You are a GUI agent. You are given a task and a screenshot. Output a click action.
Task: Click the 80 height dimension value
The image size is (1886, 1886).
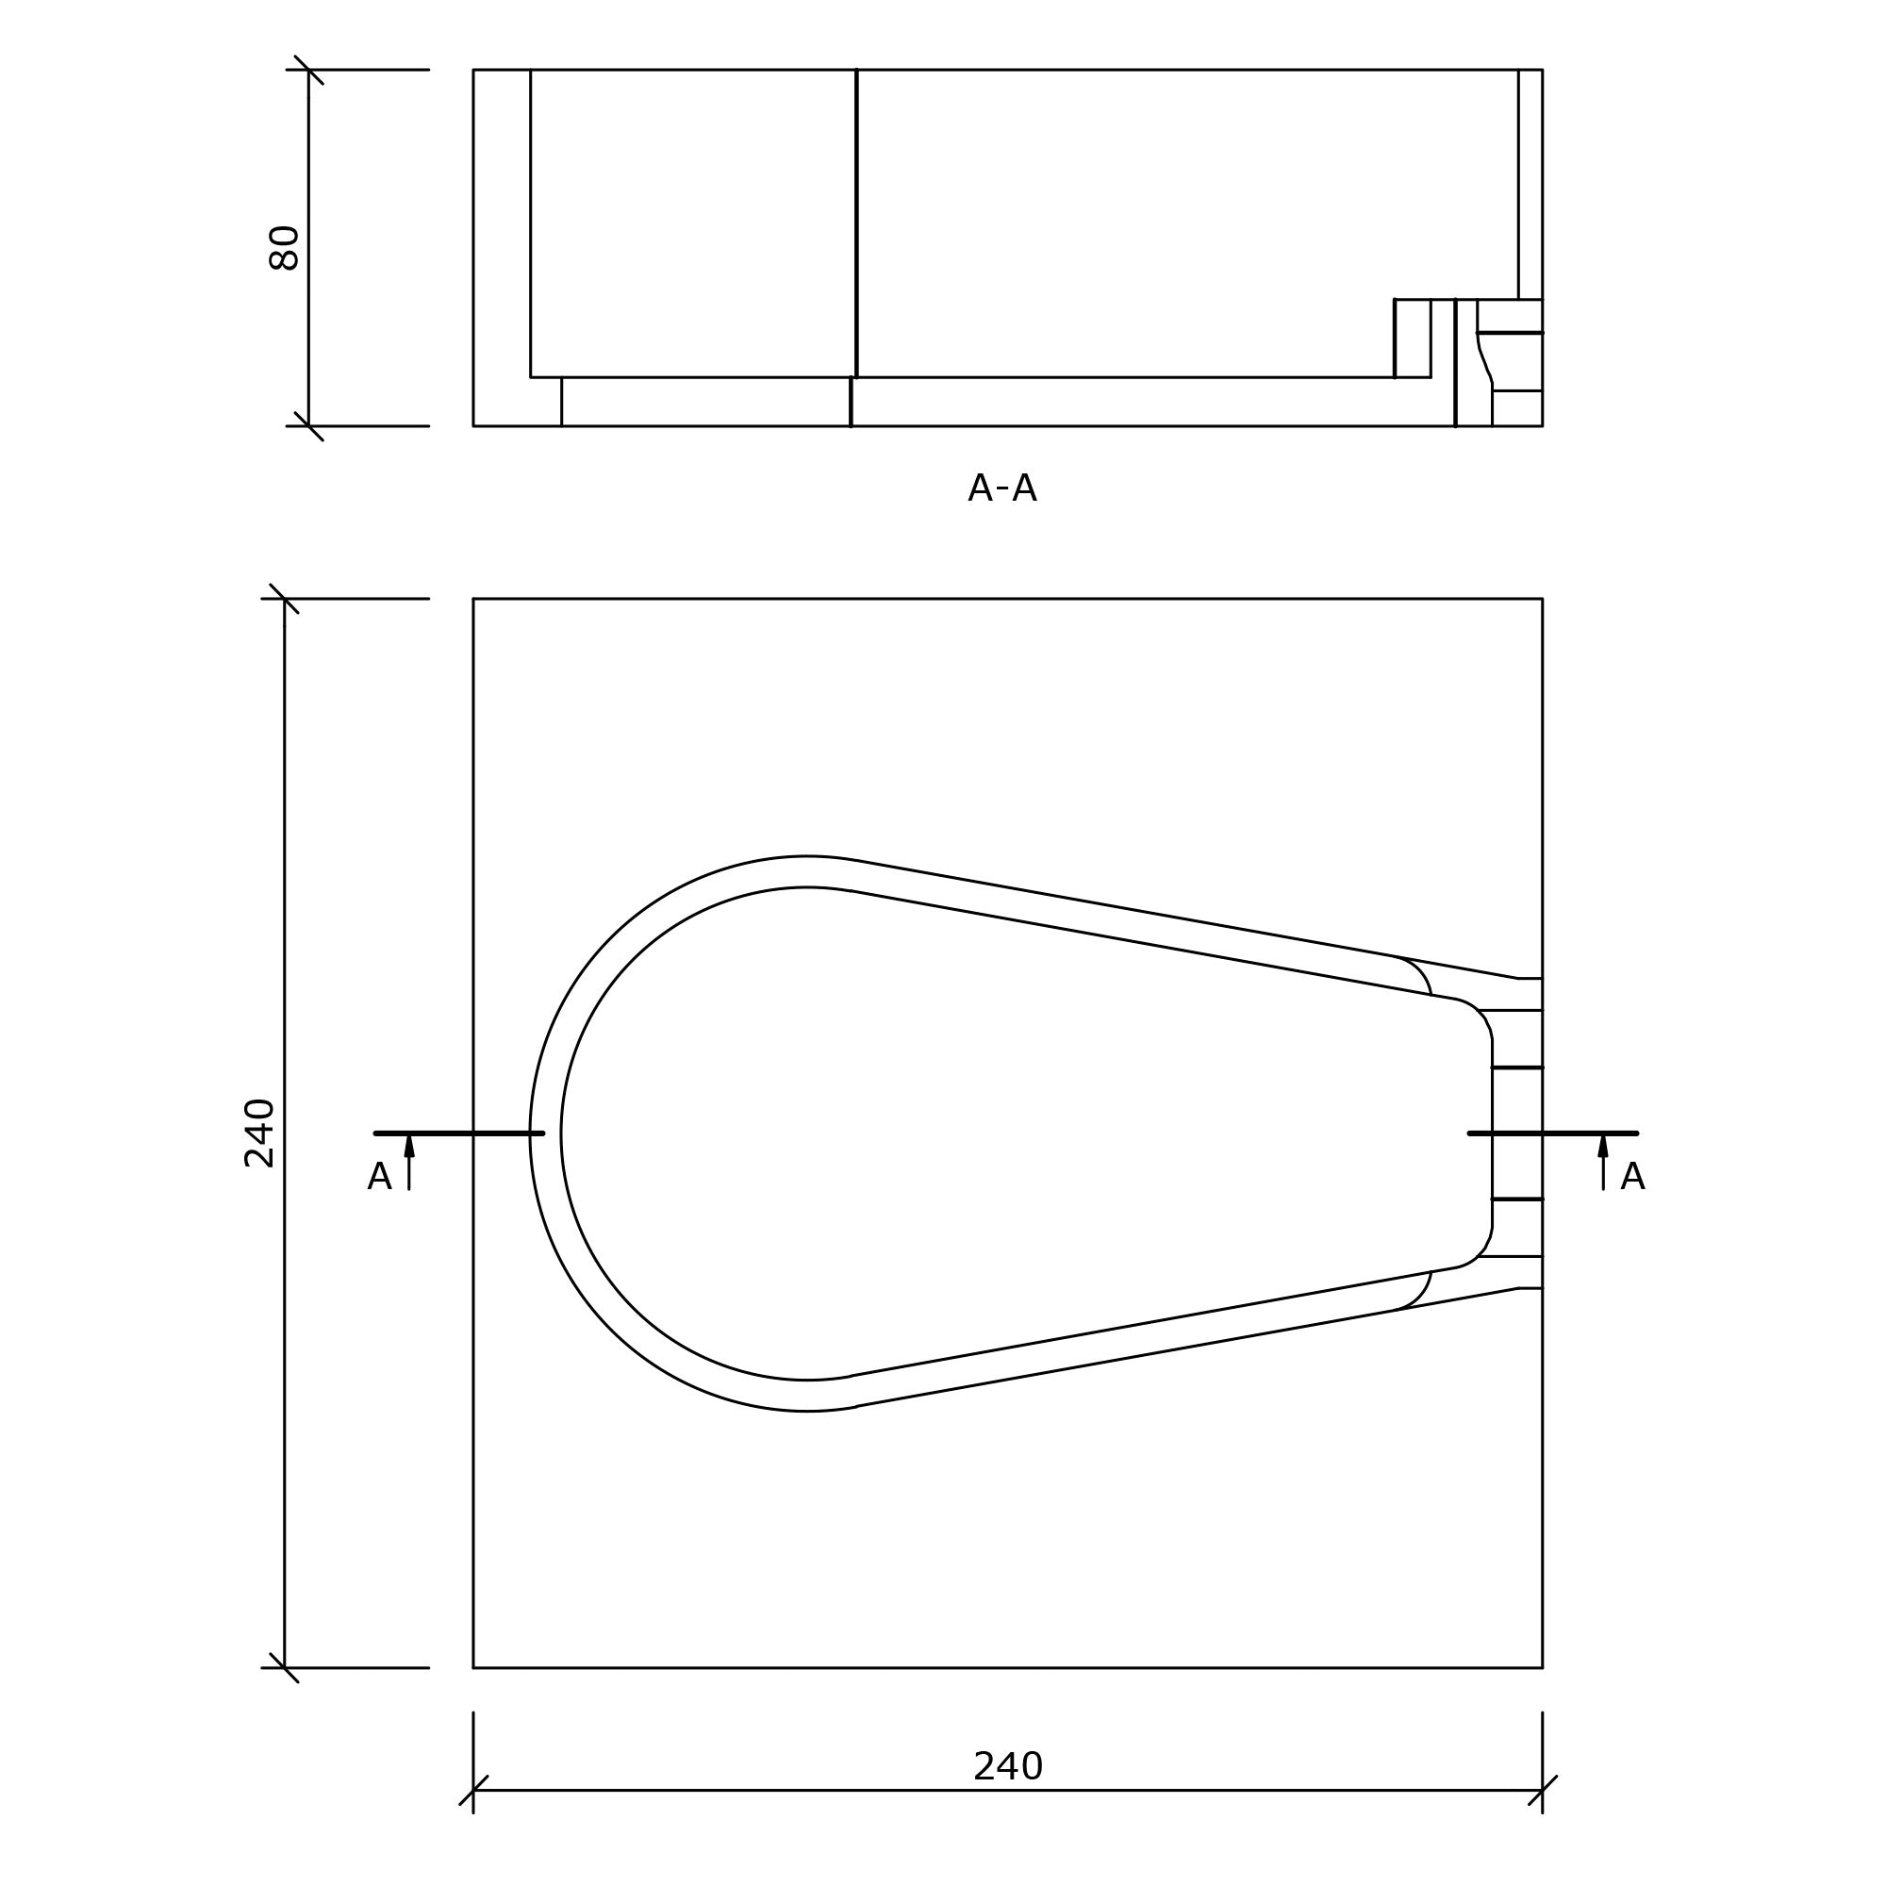[283, 248]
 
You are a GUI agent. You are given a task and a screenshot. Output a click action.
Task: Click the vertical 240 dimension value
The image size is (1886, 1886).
[258, 1133]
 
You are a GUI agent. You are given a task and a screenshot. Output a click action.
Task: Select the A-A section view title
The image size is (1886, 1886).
[1001, 488]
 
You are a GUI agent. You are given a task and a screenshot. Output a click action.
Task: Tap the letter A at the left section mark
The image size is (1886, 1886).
[379, 1177]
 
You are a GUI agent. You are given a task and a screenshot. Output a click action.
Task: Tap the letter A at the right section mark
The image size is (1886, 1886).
[1632, 1177]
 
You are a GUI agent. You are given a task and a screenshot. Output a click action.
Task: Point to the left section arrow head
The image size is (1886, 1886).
[409, 1146]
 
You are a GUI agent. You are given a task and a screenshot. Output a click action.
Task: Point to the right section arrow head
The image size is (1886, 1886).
[1603, 1146]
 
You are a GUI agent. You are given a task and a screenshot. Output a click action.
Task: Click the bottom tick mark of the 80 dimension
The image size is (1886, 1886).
[308, 426]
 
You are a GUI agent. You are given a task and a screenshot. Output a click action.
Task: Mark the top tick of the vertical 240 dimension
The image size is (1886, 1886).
[284, 600]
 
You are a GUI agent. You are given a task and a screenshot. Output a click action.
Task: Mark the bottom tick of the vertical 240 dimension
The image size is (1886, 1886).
[284, 1668]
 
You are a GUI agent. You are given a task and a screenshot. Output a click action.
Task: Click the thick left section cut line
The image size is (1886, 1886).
[459, 1133]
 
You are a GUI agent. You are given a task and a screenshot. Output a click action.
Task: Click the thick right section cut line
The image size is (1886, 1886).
[1552, 1133]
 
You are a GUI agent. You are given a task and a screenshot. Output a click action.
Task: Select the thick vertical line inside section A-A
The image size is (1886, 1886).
[856, 224]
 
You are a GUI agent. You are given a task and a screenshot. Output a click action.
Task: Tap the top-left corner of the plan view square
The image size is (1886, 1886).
[473, 600]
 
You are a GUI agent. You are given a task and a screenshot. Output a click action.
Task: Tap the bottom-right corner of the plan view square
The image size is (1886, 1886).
[1543, 1668]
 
